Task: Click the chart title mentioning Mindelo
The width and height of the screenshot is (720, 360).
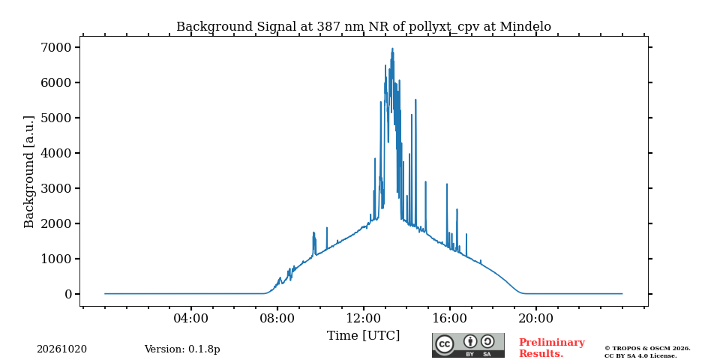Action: [364, 27]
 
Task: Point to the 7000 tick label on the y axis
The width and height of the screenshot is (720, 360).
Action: [57, 48]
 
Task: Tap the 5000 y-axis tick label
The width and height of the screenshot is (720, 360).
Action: [57, 118]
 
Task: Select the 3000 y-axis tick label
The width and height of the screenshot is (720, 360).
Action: [57, 189]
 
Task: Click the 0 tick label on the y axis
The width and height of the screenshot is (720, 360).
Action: [69, 294]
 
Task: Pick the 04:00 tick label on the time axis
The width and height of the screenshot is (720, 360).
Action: [191, 318]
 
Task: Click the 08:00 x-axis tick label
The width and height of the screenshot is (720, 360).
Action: [277, 318]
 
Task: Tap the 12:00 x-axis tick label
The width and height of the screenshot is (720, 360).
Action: [364, 318]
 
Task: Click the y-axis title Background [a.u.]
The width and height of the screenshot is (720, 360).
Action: [29, 171]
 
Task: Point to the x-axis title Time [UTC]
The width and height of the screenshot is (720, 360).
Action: [363, 336]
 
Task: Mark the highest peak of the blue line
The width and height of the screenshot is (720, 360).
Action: [392, 48]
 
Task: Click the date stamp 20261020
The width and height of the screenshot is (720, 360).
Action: [62, 349]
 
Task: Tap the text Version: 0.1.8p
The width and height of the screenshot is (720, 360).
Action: [182, 349]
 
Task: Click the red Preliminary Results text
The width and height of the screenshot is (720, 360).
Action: [552, 348]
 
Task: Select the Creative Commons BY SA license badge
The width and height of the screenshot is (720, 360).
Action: [468, 345]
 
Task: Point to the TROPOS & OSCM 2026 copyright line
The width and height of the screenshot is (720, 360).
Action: [647, 349]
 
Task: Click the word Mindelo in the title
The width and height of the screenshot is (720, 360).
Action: [525, 27]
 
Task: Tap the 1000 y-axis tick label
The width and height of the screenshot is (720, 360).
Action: [57, 259]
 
